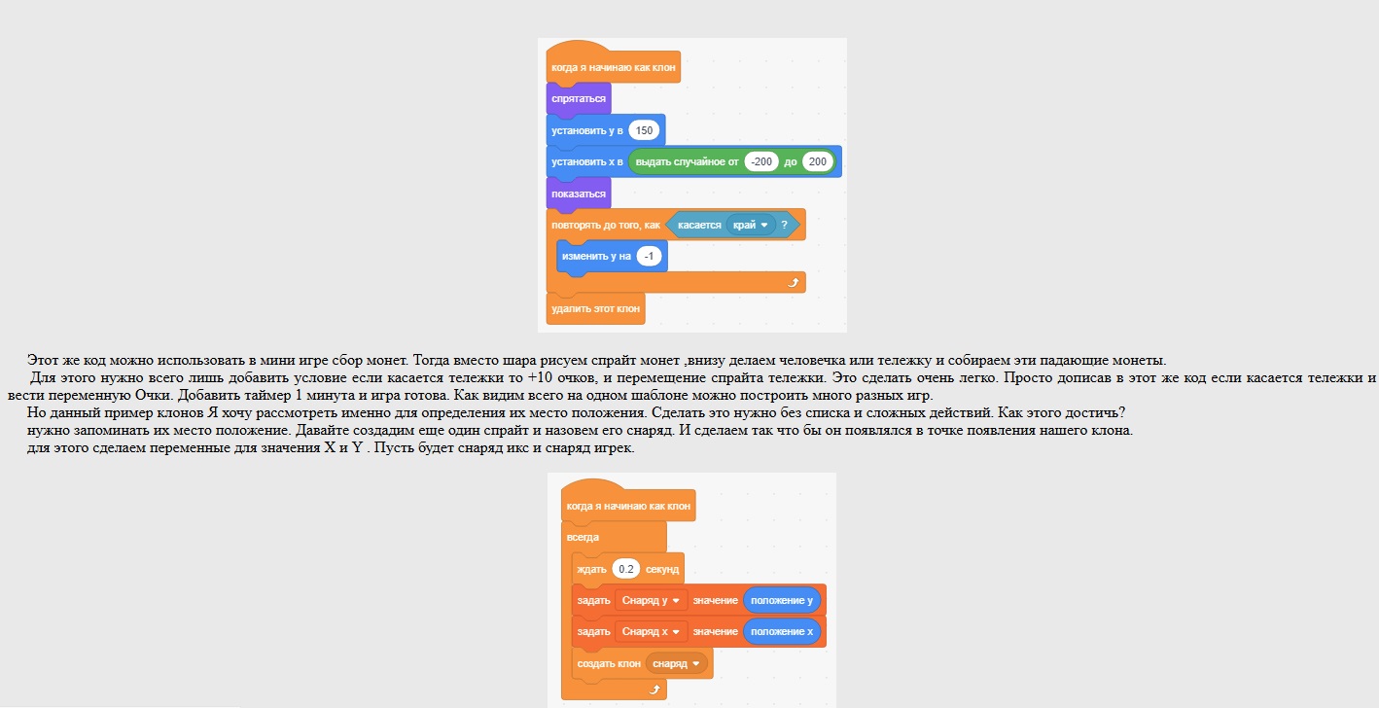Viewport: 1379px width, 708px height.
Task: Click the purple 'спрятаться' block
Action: (578, 98)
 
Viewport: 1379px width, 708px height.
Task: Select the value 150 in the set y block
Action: (644, 130)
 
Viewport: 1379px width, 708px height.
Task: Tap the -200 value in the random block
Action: (761, 161)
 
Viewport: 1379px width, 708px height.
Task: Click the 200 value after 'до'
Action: (818, 161)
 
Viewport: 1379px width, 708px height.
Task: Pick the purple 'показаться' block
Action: (578, 194)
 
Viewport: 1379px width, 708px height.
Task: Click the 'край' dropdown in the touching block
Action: (751, 225)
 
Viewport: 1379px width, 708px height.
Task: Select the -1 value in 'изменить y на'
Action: (649, 256)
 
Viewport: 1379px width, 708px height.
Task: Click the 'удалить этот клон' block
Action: (595, 308)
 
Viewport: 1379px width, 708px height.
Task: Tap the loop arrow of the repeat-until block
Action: (793, 283)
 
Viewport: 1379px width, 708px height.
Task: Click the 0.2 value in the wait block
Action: (625, 569)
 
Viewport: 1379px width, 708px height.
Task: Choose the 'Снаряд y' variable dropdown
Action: (651, 600)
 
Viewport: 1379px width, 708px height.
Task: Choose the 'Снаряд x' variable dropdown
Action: (651, 632)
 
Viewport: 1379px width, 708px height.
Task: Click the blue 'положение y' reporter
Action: (782, 600)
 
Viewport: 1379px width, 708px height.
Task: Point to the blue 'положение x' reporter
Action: (782, 632)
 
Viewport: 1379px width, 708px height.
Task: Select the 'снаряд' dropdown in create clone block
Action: (676, 663)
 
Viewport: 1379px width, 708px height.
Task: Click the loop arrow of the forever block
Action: (654, 690)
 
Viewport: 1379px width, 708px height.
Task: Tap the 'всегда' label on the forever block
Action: (583, 538)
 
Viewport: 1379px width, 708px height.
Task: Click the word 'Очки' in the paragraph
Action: (152, 395)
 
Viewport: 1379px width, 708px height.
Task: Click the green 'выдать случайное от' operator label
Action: (687, 161)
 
